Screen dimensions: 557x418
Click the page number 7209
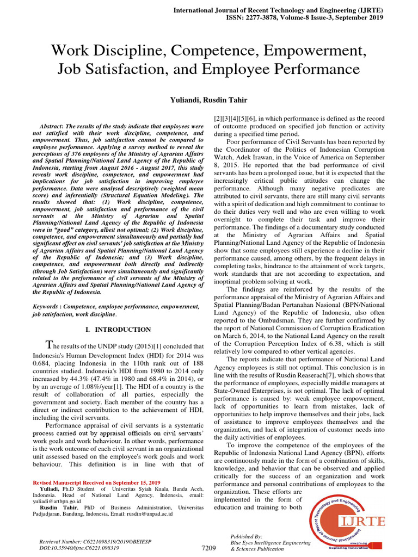click(x=209, y=548)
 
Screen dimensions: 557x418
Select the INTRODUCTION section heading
click(x=122, y=330)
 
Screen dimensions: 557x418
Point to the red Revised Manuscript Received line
click(x=96, y=482)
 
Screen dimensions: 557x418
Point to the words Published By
click(x=247, y=536)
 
